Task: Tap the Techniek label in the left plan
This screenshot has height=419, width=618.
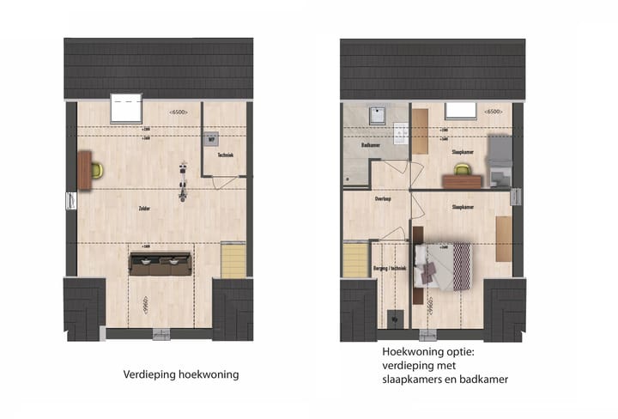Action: (226, 155)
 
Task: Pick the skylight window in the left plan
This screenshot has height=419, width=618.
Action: (128, 109)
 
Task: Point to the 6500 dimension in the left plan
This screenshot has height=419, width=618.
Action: (179, 112)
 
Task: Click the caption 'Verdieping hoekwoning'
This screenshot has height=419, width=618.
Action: (180, 374)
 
